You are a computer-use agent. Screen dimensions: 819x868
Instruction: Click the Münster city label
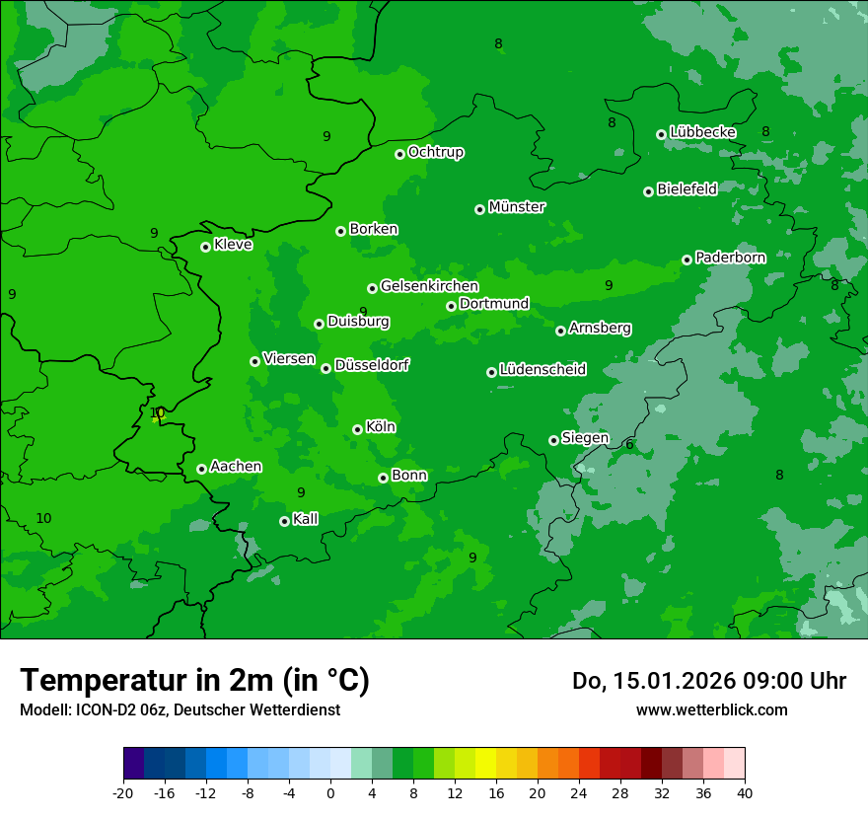(x=517, y=207)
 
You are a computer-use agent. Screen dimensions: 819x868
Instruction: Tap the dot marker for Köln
(x=357, y=429)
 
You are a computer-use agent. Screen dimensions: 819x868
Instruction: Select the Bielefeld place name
(x=687, y=188)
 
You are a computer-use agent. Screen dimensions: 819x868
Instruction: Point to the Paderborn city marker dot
(x=687, y=260)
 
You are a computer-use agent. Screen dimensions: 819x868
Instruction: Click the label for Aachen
(x=236, y=467)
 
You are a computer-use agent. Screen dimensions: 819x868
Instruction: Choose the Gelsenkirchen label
(x=429, y=286)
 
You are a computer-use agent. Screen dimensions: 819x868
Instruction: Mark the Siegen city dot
(x=553, y=440)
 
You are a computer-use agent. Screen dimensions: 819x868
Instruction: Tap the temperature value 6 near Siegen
(x=629, y=445)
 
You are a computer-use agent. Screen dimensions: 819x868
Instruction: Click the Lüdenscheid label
(x=542, y=370)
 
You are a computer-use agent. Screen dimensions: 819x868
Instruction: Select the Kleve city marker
(x=205, y=247)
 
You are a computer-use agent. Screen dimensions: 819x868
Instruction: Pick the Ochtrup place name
(x=436, y=152)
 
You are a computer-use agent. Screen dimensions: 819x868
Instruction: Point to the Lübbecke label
(x=702, y=132)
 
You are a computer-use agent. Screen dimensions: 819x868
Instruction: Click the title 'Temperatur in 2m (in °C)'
(x=194, y=681)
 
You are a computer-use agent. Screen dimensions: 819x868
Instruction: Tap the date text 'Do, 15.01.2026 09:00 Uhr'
(x=709, y=681)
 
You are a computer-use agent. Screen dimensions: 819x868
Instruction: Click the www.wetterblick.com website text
(x=711, y=709)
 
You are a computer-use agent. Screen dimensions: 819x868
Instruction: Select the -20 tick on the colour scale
(x=123, y=792)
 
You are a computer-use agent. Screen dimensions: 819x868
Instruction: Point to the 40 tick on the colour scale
(x=745, y=792)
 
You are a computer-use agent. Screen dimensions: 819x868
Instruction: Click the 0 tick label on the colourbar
(x=330, y=792)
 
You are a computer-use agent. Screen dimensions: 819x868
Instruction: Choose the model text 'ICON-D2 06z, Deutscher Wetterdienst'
(x=180, y=709)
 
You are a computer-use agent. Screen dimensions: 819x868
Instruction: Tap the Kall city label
(x=306, y=519)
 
